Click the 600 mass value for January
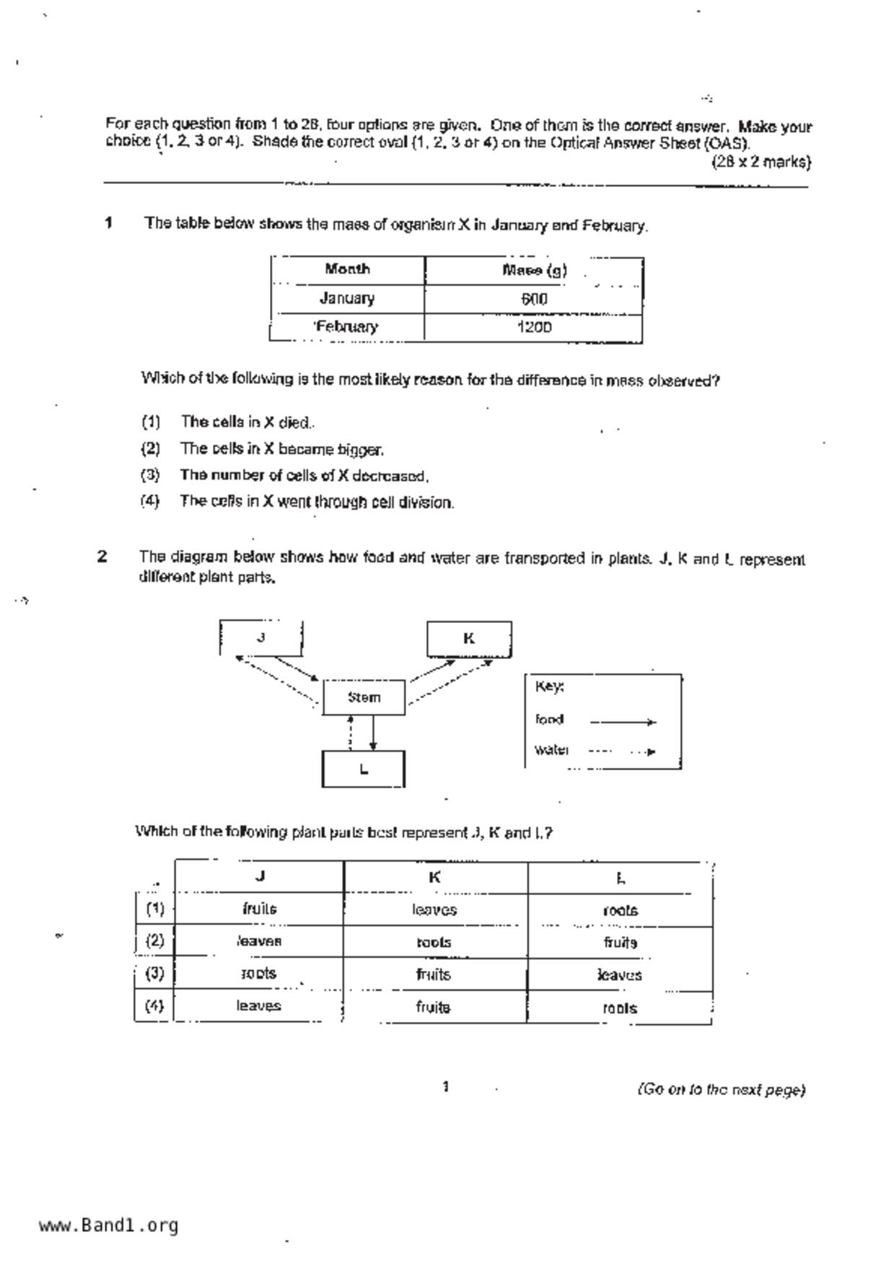534,299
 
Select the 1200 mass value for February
534,327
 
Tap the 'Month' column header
347,269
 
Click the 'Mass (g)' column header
534,270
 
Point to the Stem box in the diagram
364,697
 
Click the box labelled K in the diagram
469,639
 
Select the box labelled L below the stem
363,769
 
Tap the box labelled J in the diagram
260,637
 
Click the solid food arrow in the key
623,721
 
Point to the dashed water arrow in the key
623,751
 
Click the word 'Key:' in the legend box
549,686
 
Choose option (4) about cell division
317,502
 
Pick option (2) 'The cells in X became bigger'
281,449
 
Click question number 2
102,556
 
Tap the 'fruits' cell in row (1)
260,909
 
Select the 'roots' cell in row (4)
620,1008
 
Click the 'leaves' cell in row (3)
620,975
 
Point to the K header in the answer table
434,877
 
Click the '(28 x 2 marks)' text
761,162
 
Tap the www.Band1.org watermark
109,1226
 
